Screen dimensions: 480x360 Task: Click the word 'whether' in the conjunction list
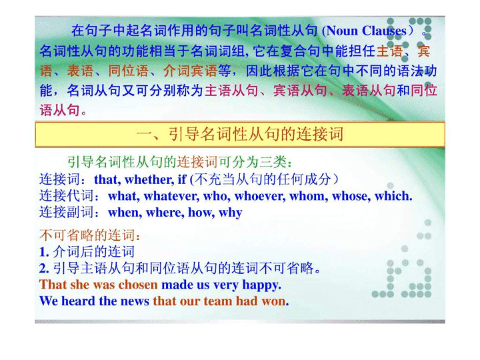149,179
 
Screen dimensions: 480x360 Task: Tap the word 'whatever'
171,196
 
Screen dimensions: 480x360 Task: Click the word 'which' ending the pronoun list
392,196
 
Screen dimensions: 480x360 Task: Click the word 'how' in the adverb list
201,213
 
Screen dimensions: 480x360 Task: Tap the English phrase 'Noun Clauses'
367,31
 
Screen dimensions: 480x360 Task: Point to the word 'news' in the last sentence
135,301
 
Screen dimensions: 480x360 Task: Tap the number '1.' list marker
44,252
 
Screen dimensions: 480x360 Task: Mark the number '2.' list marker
44,269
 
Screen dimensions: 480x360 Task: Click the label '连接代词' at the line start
66,196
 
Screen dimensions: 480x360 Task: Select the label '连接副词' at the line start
66,213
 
